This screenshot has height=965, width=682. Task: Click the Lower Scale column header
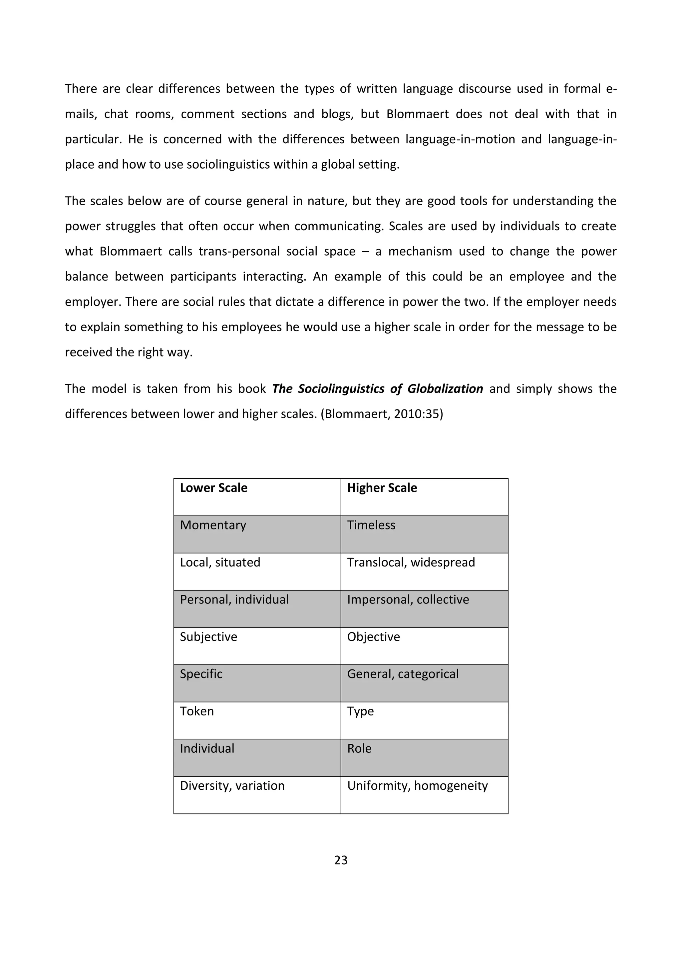click(x=213, y=488)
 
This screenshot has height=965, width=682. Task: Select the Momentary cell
click(x=213, y=525)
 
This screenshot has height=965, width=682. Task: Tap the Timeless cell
click(x=371, y=525)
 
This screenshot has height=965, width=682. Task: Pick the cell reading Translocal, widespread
click(x=411, y=562)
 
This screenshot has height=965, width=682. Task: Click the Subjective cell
click(x=208, y=637)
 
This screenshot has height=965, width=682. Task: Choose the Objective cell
click(x=373, y=637)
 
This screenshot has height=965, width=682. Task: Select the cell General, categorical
click(x=402, y=674)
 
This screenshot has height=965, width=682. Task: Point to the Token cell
click(x=196, y=711)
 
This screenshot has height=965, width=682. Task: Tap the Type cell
click(x=360, y=711)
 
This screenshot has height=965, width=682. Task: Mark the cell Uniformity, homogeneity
click(x=417, y=786)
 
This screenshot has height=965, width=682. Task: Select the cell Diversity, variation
click(x=232, y=786)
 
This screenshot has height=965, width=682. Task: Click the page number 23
click(x=341, y=860)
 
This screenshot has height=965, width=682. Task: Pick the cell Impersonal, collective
click(x=408, y=600)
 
